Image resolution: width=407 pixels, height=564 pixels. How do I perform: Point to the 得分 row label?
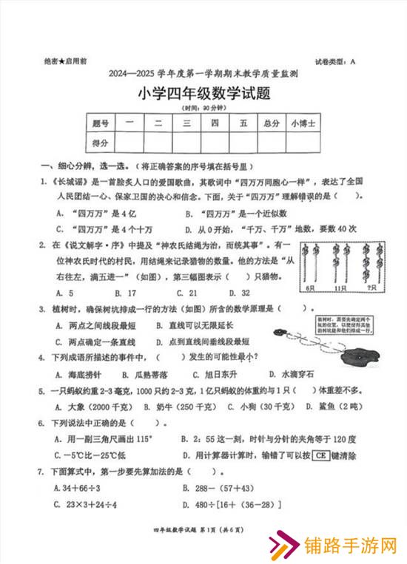click(101, 142)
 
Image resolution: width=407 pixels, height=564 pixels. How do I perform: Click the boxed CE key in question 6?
click(321, 455)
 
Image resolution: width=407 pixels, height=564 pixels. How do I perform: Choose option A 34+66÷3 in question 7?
click(77, 488)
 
